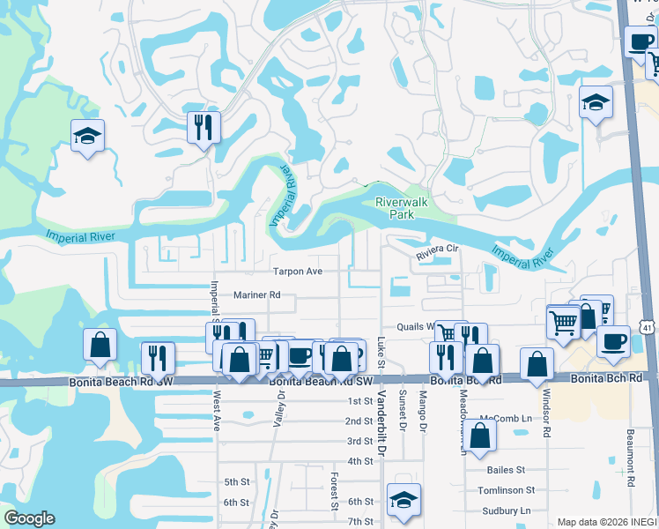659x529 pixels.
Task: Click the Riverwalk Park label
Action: pyautogui.click(x=401, y=208)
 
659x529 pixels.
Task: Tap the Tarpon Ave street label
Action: pyautogui.click(x=298, y=272)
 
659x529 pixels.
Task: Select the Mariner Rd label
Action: pyautogui.click(x=256, y=295)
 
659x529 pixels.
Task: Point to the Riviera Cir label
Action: pyautogui.click(x=439, y=250)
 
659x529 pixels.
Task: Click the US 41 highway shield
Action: pyautogui.click(x=648, y=328)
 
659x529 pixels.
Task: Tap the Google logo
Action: pyautogui.click(x=29, y=518)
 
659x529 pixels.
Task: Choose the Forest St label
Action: pyautogui.click(x=335, y=491)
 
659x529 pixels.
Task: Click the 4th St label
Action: pyautogui.click(x=360, y=461)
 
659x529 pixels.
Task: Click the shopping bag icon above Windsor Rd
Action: pyautogui.click(x=537, y=364)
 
